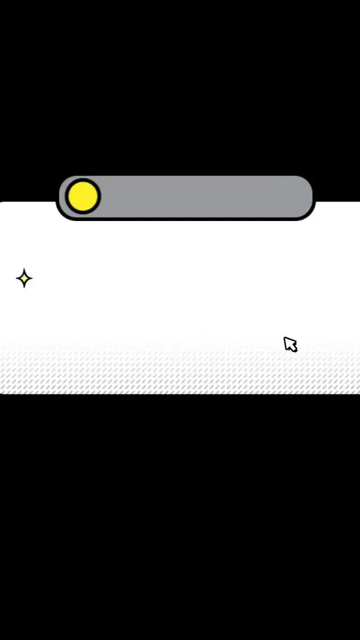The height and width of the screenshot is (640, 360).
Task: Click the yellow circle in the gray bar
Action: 83,196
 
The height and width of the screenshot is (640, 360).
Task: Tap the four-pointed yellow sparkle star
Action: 24,278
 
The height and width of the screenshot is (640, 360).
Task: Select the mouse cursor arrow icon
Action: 290,344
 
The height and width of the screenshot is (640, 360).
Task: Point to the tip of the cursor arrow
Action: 285,338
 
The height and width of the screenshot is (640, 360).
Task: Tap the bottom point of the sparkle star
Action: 24,287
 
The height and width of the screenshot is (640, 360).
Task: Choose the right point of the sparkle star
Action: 32,278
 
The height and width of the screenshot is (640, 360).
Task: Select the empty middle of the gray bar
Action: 202,197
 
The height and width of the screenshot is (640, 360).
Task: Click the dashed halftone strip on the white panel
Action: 180,374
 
